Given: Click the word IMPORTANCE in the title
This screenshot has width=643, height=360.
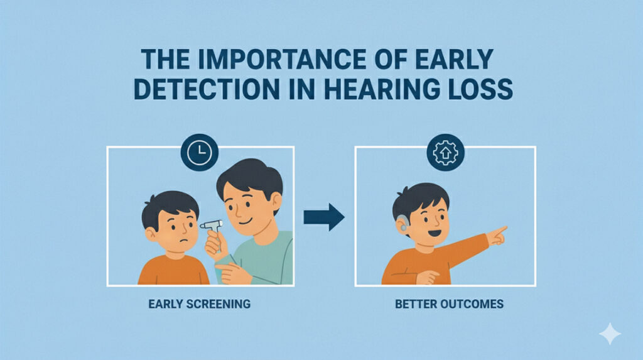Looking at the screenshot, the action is click(281, 59).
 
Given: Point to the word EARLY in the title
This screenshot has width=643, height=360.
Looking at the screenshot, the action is click(454, 59).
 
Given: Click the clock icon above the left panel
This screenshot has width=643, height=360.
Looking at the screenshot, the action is click(199, 152).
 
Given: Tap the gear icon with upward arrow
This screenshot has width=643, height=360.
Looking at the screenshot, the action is click(445, 152).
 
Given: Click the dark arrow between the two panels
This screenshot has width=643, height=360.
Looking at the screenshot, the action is click(324, 217).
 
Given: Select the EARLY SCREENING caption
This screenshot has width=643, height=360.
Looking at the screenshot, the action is click(199, 304).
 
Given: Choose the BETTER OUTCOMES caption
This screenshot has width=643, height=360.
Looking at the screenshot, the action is click(449, 304).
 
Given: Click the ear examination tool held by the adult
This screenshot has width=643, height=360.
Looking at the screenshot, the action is click(212, 226).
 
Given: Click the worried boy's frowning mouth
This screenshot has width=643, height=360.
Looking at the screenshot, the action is click(184, 241).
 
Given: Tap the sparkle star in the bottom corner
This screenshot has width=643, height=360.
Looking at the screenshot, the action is click(610, 334).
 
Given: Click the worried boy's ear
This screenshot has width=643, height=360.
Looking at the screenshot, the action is click(150, 234).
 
